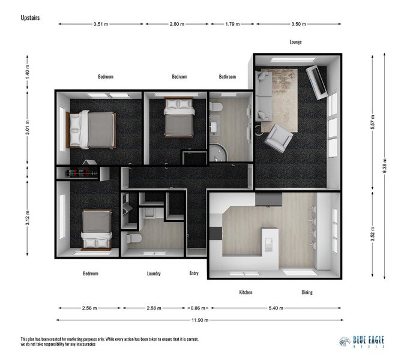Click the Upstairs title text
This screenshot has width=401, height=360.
tap(30, 18)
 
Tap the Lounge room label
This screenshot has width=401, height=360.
tap(295, 42)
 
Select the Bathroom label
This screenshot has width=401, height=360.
tap(227, 77)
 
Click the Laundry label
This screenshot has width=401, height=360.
tap(154, 274)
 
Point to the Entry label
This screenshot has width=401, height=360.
tap(194, 274)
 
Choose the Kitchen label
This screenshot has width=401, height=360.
tap(246, 292)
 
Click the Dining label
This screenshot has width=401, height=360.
tap(307, 292)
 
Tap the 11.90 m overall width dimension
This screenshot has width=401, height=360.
tap(199, 320)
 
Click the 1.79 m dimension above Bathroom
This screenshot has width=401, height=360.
tap(232, 25)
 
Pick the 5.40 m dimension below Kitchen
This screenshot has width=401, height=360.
tap(276, 308)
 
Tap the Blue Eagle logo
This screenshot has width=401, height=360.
tap(362, 341)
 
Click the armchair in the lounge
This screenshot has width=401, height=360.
tap(279, 138)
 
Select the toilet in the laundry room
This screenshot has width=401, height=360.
tap(133, 239)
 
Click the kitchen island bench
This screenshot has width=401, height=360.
tap(269, 240)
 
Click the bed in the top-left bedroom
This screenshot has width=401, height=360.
tap(91, 130)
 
